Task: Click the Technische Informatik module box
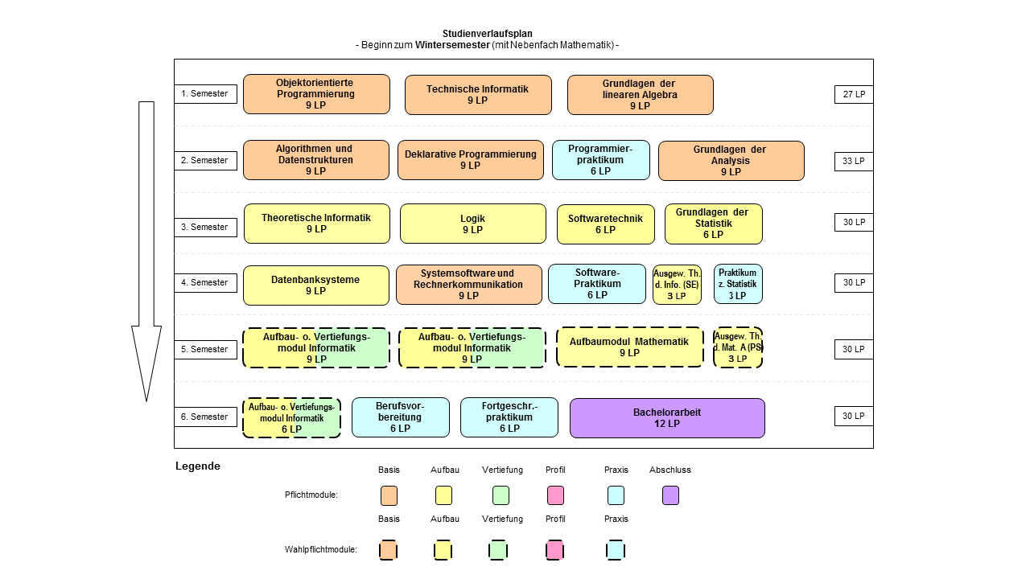coord(478,95)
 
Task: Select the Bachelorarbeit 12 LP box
coord(667,418)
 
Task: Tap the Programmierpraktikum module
coord(601,160)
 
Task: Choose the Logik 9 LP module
coord(473,224)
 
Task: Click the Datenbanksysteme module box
coord(316,285)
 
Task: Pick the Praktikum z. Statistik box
coord(738,284)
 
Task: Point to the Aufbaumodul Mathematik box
coord(629,347)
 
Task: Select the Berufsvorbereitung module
coord(401,417)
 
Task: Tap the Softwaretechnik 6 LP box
coord(606,224)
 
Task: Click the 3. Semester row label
coord(205,228)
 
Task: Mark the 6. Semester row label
coord(205,417)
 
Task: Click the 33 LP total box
coord(854,162)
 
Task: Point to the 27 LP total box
coord(854,94)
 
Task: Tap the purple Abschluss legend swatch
coord(670,495)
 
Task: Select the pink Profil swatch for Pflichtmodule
coord(555,495)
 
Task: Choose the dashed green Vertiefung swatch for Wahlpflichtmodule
coord(498,550)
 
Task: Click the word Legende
coord(198,466)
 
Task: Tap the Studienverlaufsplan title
coord(488,34)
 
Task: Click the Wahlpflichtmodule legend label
coord(320,549)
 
